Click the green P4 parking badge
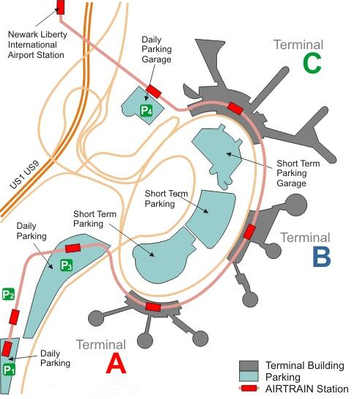147,111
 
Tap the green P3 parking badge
67,266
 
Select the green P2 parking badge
8,294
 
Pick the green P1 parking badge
9,370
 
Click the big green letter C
312,64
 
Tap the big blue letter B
322,257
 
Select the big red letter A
116,364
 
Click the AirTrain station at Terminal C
235,109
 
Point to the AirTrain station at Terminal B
249,232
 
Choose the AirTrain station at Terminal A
153,307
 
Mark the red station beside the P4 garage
154,92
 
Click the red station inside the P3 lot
73,248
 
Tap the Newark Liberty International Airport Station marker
60,7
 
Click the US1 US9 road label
25,175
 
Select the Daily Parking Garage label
157,49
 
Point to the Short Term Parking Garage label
298,173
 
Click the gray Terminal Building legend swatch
249,366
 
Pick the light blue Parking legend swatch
249,376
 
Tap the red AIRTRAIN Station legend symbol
249,388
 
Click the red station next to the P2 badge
14,317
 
